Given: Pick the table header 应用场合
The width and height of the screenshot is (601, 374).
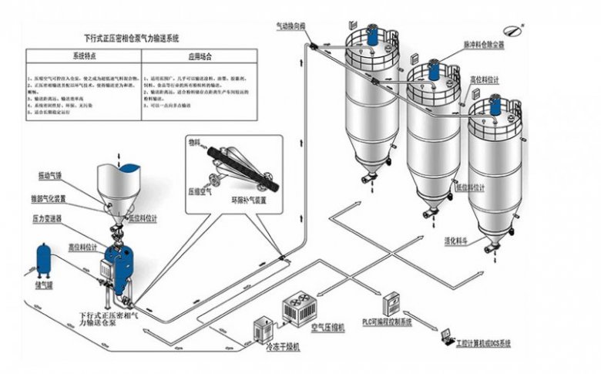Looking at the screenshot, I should click(x=199, y=56).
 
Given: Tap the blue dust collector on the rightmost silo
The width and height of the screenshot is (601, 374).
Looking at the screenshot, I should click(x=495, y=106).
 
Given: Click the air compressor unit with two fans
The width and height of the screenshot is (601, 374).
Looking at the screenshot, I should click(x=301, y=308).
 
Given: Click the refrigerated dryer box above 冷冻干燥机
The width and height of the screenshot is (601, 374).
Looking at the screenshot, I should click(x=260, y=331).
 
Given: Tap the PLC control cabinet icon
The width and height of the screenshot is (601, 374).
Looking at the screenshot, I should click(x=391, y=302).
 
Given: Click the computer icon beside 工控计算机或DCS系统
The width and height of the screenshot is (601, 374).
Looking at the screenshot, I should click(x=446, y=336).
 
